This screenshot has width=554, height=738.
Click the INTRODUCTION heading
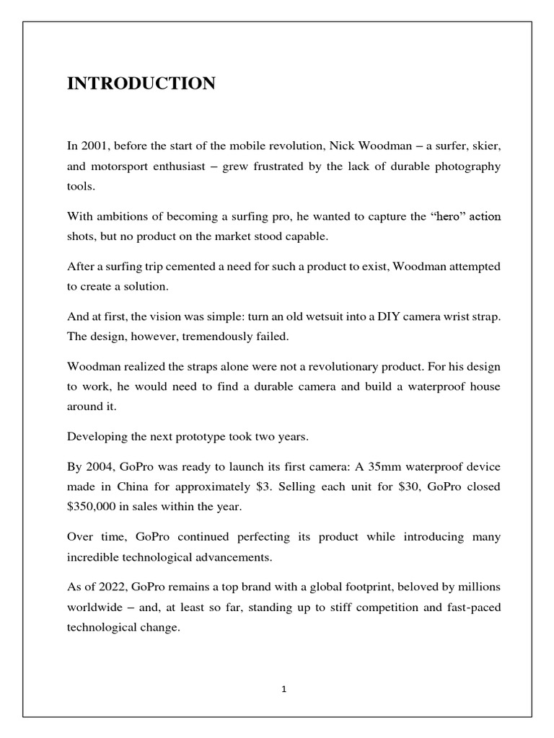(x=141, y=84)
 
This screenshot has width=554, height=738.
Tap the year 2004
(x=97, y=467)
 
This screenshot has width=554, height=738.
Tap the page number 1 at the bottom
(x=284, y=689)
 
